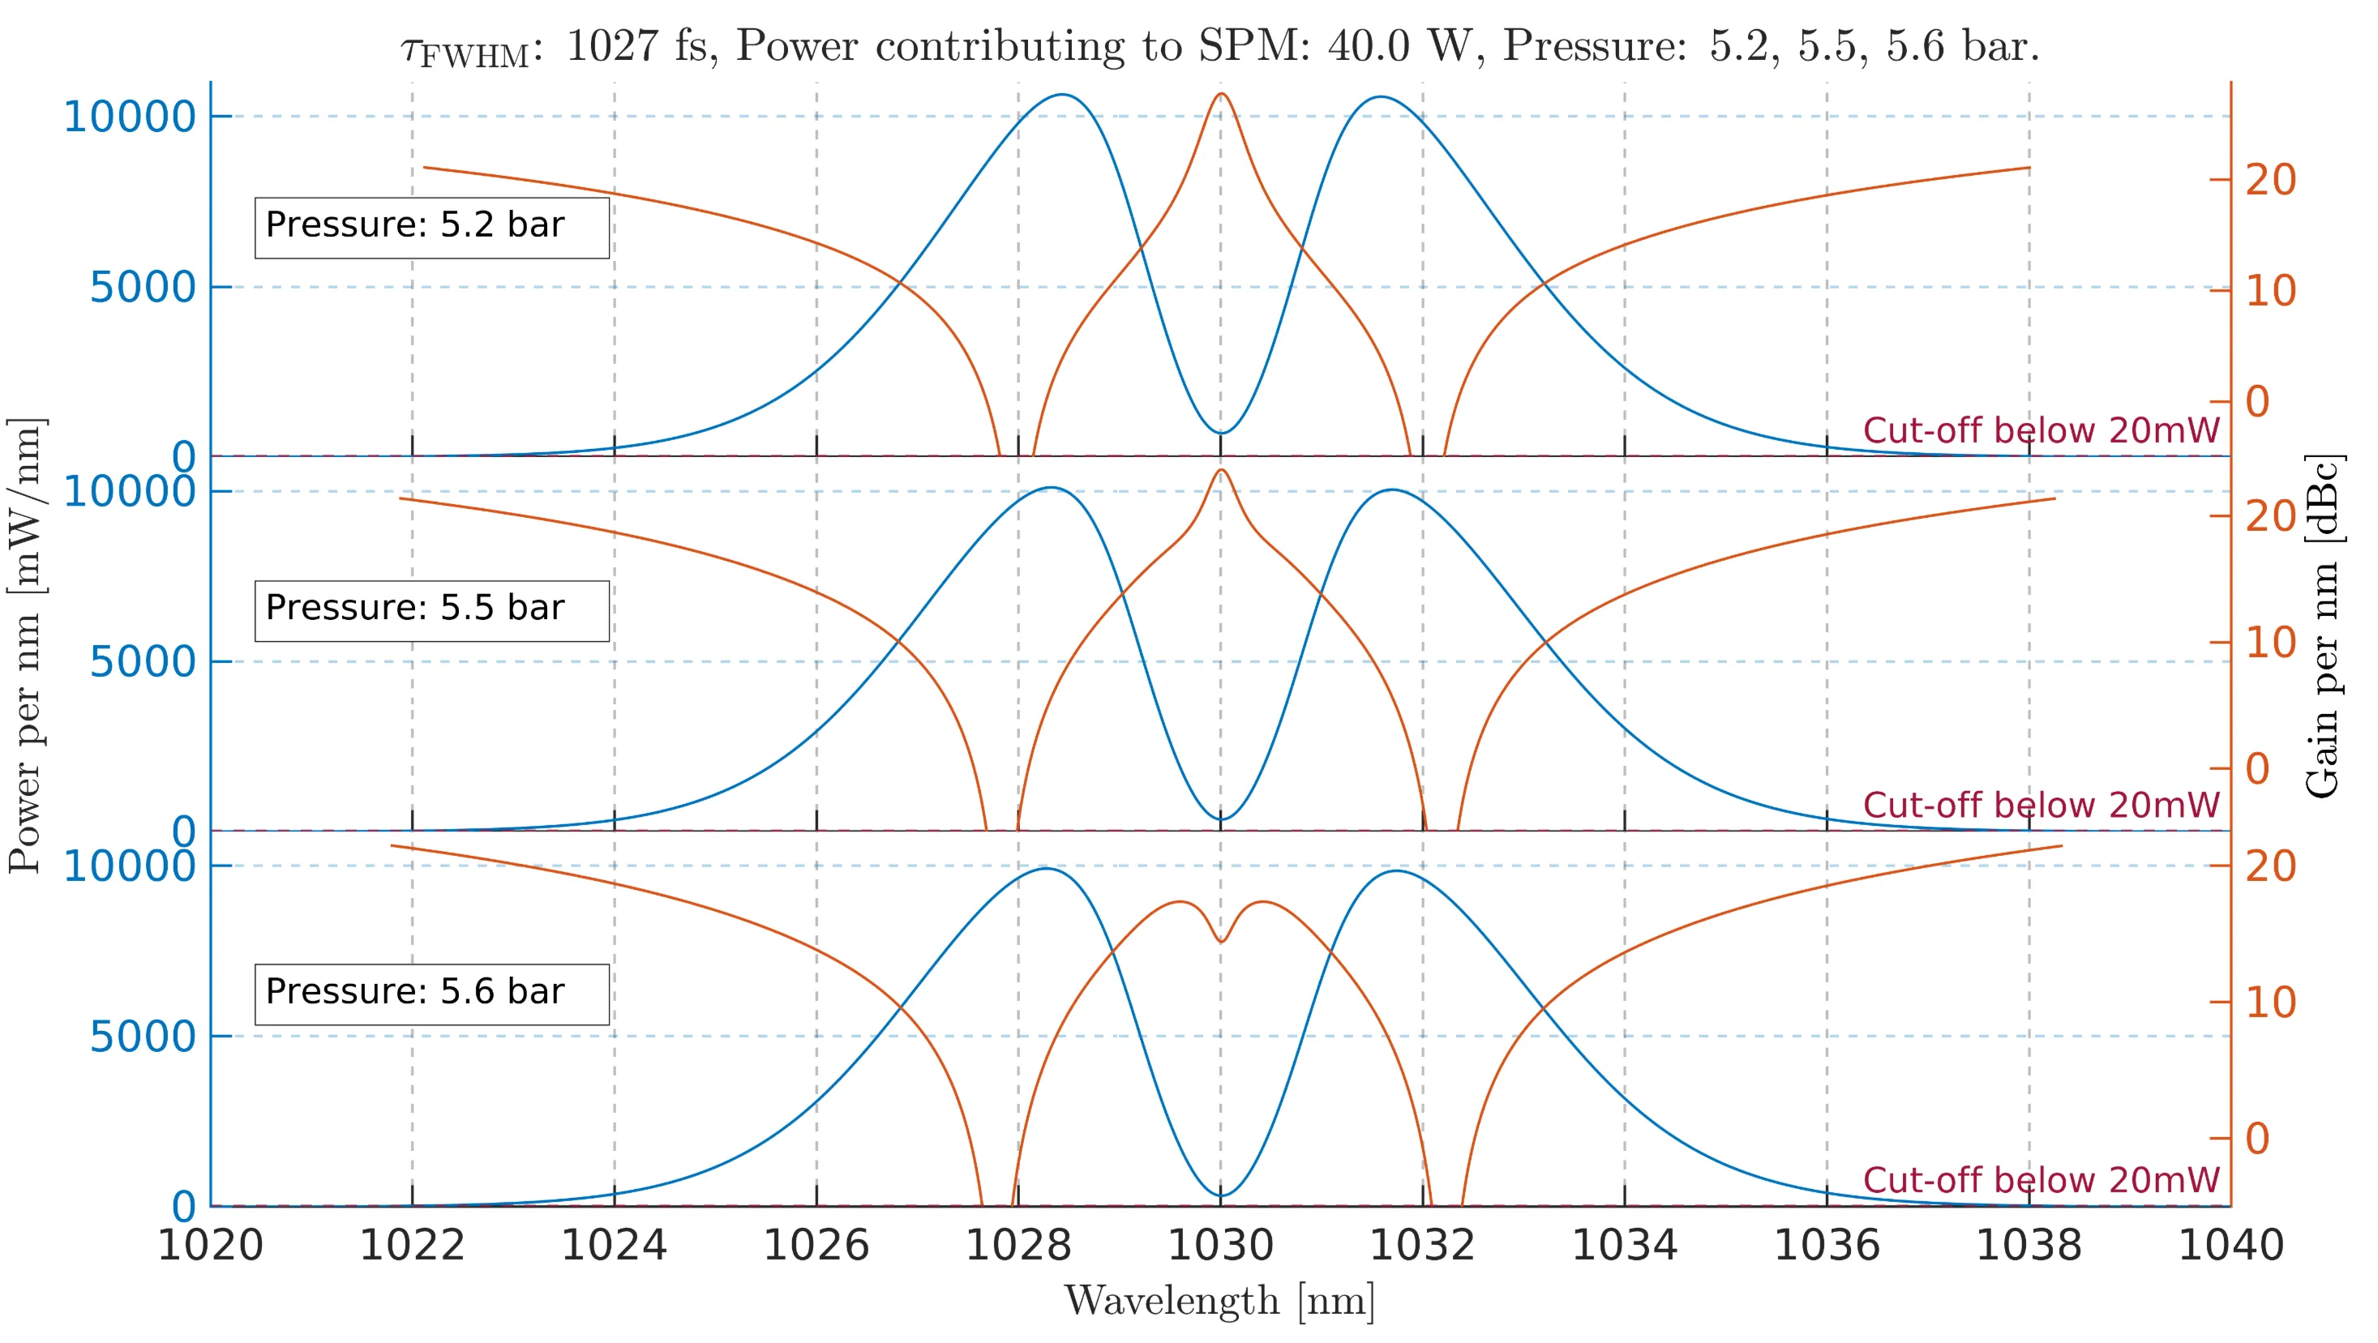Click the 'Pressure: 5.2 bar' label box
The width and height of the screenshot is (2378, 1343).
point(431,227)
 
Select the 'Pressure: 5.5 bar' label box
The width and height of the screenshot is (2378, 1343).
point(431,610)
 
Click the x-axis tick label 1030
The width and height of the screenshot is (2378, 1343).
point(1220,1245)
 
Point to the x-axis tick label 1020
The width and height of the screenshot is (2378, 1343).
point(211,1245)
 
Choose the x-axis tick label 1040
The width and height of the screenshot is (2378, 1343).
point(2230,1245)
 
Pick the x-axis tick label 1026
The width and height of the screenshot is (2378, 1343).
point(816,1245)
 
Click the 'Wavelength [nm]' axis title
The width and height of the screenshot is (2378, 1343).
point(1219,1302)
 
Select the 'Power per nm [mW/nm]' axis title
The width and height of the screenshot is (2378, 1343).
point(25,645)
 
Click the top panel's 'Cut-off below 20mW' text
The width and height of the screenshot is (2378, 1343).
point(2040,430)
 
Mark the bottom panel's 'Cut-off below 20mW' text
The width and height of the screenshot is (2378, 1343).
point(2040,1179)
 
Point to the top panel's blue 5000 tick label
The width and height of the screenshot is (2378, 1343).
point(143,287)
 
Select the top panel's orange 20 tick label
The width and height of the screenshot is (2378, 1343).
point(2270,180)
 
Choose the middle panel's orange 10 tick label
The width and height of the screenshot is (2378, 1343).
point(2270,643)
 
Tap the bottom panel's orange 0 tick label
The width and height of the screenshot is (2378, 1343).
point(2257,1138)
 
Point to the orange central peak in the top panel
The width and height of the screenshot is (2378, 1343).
point(1221,94)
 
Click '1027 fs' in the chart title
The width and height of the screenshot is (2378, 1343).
point(635,46)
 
